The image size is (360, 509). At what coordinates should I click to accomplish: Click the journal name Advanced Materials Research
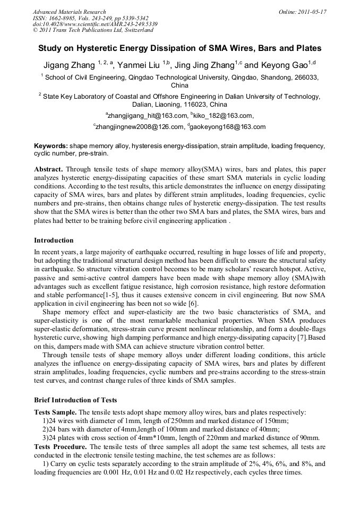(69, 12)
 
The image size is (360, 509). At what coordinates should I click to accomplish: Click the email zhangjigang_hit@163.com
(147, 115)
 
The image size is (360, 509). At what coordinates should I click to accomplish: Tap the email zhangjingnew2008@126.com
(138, 127)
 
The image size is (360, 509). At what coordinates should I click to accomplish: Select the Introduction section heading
(54, 240)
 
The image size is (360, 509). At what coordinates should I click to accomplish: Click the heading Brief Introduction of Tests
(75, 400)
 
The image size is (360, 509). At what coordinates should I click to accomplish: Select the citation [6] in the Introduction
(194, 303)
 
